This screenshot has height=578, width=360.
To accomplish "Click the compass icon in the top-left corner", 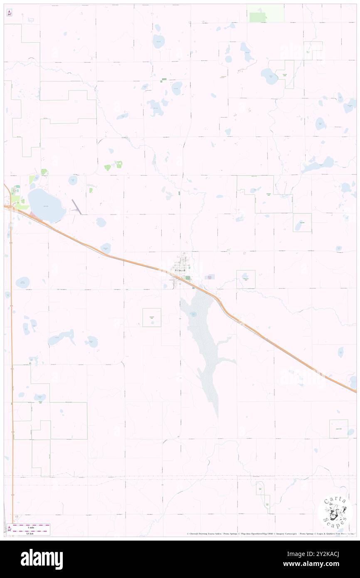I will (9, 12).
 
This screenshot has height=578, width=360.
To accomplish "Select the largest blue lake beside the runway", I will (46, 205).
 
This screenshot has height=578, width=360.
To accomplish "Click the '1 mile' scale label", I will (31, 526).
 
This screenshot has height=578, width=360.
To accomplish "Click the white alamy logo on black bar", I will (42, 559).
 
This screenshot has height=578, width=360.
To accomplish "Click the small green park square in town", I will (187, 278).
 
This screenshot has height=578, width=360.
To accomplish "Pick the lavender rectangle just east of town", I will (210, 277).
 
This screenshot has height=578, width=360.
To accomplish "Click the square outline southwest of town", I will (152, 317).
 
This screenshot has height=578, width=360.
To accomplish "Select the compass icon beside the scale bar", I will (9, 529).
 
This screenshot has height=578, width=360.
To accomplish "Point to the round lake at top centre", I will (158, 41).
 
